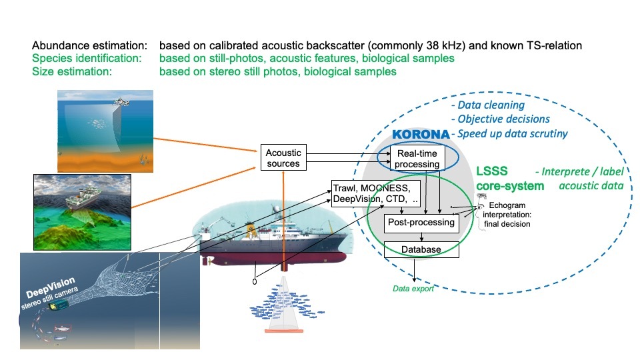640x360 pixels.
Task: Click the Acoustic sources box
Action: pyautogui.click(x=284, y=157)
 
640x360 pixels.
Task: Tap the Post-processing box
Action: pyautogui.click(x=420, y=222)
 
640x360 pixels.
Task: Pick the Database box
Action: pyautogui.click(x=421, y=249)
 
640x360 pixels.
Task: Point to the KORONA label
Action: pyautogui.click(x=420, y=135)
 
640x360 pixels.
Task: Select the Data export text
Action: pyautogui.click(x=413, y=289)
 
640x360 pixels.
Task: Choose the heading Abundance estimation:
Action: pyautogui.click(x=89, y=46)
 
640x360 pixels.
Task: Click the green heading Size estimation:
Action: pyautogui.click(x=71, y=71)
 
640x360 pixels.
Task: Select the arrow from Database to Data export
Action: pyautogui.click(x=416, y=270)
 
